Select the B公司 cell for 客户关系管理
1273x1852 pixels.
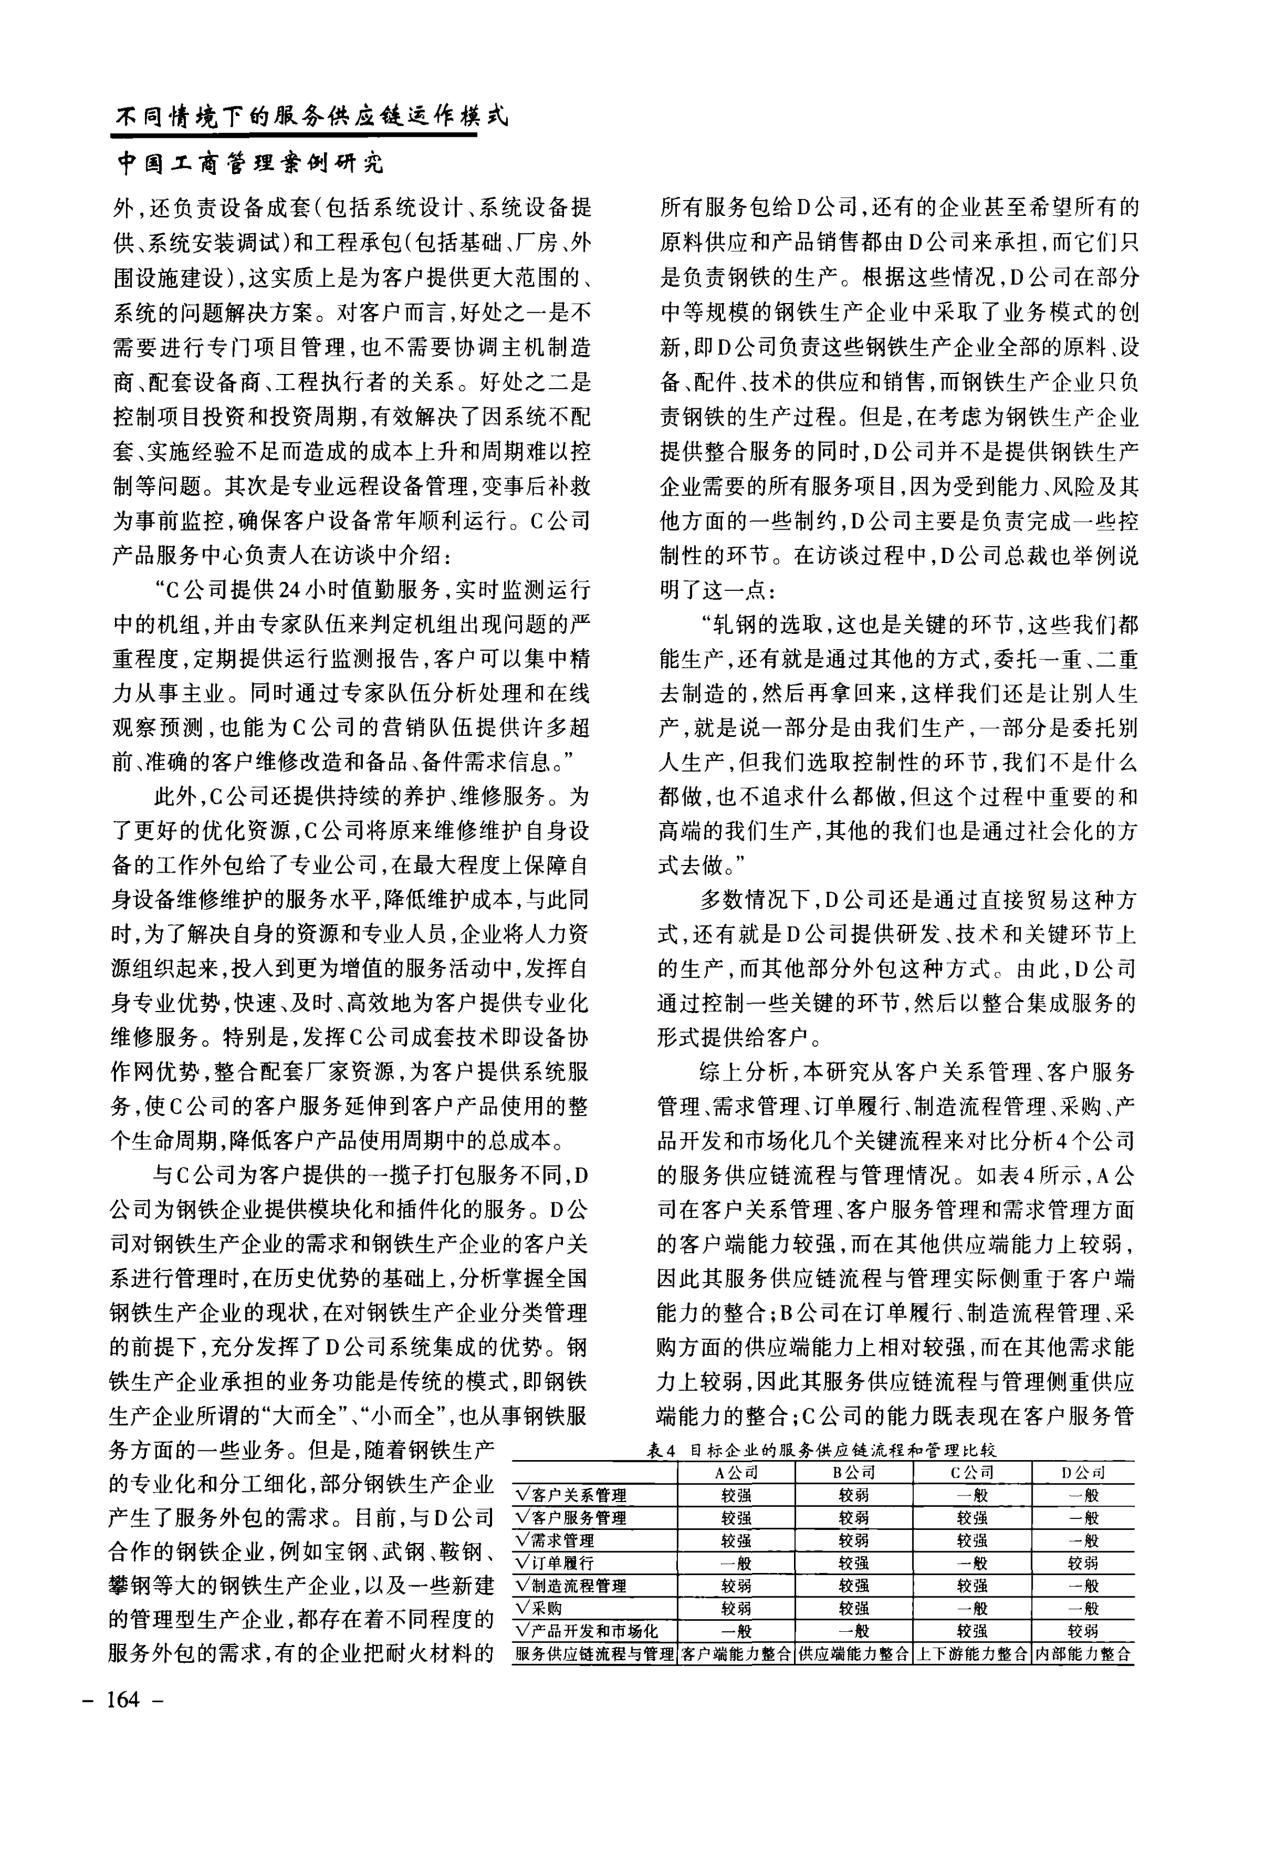tap(853, 1496)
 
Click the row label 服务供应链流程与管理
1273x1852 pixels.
tap(595, 1654)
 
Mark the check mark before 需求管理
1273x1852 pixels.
tap(523, 1540)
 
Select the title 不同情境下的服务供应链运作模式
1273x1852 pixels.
tap(311, 117)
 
